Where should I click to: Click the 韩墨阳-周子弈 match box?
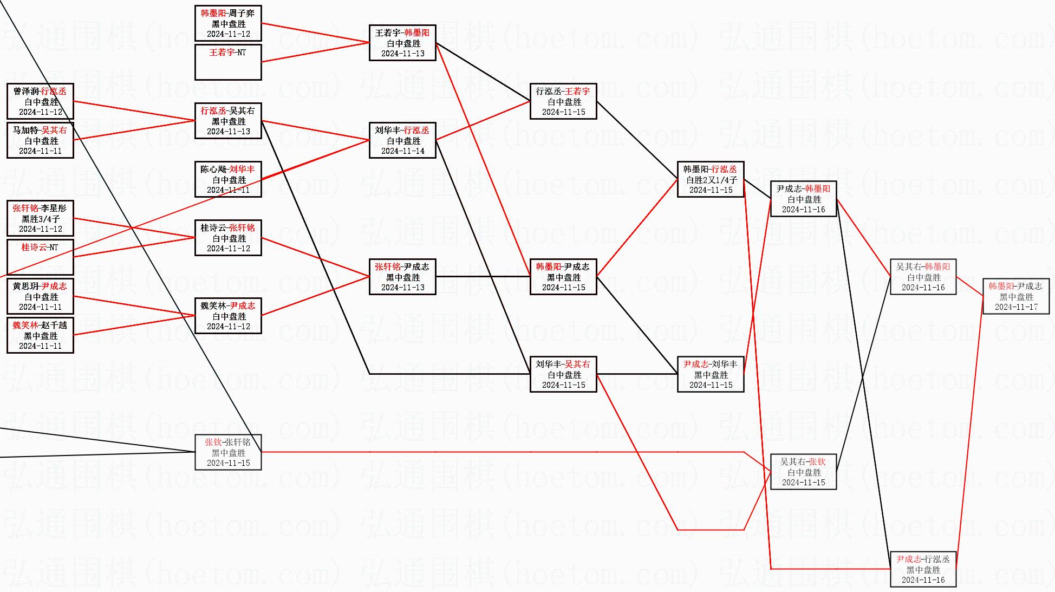click(228, 23)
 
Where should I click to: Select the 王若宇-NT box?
click(228, 62)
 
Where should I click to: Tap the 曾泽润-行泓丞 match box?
click(40, 101)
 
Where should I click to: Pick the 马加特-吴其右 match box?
click(40, 140)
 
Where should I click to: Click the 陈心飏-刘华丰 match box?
click(228, 179)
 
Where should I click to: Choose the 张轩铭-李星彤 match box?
click(40, 218)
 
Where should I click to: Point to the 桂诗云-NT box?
click(40, 257)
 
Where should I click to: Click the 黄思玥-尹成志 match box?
click(40, 296)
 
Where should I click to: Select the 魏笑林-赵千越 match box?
click(40, 335)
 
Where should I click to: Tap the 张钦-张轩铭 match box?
click(228, 452)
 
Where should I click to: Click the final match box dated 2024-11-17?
click(1015, 296)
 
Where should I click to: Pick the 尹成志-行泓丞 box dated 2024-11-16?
click(923, 569)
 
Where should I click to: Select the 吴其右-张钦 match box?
click(803, 472)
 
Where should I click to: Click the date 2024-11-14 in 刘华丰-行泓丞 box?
click(402, 151)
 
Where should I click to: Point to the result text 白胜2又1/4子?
click(711, 180)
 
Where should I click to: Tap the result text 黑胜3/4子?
click(41, 219)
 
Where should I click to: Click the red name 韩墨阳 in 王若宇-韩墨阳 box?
click(416, 33)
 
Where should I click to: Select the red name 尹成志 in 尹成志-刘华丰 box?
click(696, 365)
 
